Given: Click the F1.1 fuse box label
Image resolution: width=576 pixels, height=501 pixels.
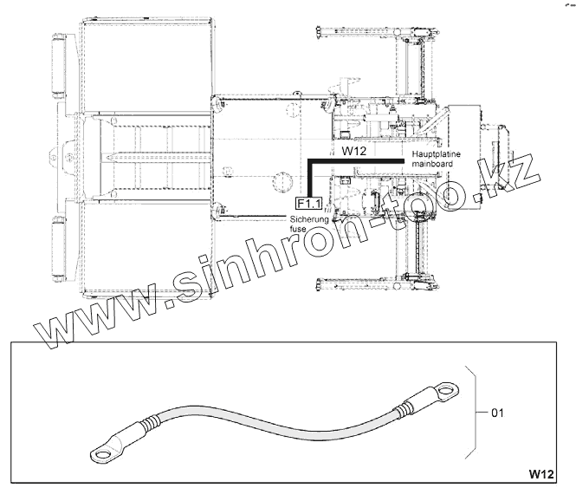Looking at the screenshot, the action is [x=308, y=204].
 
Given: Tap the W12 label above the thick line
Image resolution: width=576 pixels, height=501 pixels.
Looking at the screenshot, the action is [x=353, y=151].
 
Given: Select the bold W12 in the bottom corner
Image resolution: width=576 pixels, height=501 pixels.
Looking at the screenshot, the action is [x=541, y=474].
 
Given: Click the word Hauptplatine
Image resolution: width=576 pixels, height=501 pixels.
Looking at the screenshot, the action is [x=436, y=154].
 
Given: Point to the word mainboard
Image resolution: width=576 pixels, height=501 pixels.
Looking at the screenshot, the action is [x=432, y=164].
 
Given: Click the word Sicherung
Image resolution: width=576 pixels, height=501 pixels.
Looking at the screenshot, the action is [x=309, y=219].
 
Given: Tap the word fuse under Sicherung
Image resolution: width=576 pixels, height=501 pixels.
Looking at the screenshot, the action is [x=298, y=229].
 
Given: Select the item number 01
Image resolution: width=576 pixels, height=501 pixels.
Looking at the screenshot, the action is [x=497, y=413].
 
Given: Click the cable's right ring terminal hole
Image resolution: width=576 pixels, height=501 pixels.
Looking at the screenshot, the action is [x=446, y=389].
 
